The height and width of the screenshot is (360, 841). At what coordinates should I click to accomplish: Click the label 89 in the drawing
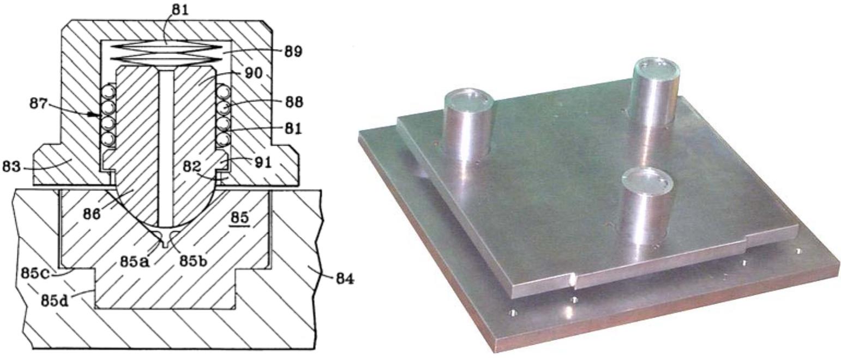(293, 51)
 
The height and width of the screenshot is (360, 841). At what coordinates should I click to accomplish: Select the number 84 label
(344, 279)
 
